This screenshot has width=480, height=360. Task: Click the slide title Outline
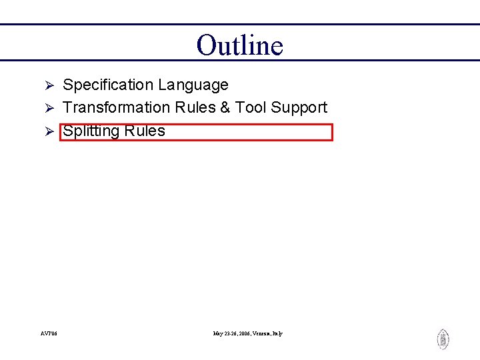coord(240,45)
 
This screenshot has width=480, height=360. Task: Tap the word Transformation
coord(117,108)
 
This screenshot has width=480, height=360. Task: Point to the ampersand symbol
coord(225,108)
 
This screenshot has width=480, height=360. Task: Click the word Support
coord(299,108)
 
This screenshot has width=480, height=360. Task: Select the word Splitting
coord(90,131)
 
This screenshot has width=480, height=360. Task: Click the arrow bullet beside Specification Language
coord(48,86)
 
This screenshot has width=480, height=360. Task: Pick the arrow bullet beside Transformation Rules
coord(48,109)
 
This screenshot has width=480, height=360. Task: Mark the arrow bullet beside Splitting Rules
coord(48,132)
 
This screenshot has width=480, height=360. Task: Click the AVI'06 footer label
coord(49,333)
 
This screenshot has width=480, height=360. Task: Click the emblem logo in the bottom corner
coord(443,339)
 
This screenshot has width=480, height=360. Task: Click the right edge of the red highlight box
coord(332,132)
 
